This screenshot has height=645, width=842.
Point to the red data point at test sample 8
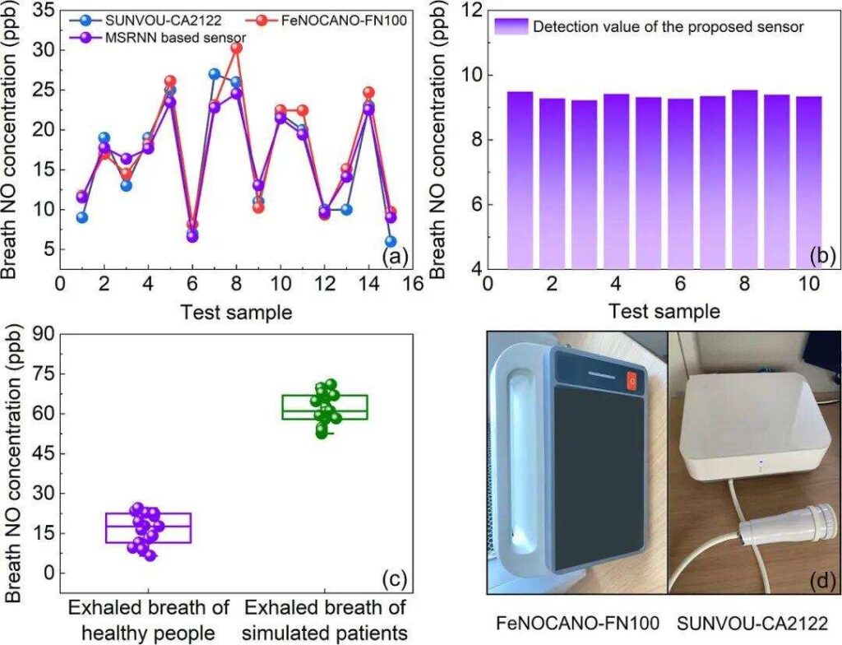237,49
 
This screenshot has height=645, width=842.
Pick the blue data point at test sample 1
81,217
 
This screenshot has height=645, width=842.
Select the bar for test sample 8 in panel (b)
744,179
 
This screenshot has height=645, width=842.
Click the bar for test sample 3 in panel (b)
584,184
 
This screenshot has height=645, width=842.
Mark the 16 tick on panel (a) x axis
413,283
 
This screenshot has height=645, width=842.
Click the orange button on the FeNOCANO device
631,378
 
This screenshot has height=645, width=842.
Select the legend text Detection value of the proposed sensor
668,26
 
